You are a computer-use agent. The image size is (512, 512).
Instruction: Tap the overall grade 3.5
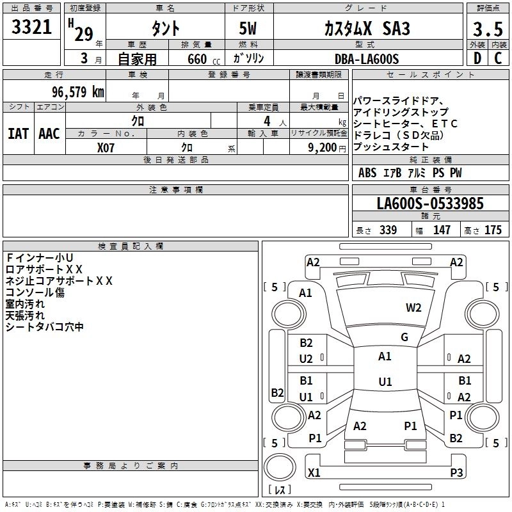click(x=486, y=29)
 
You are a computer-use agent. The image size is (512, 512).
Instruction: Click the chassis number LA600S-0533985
click(x=430, y=204)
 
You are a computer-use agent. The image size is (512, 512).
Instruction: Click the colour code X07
click(x=106, y=147)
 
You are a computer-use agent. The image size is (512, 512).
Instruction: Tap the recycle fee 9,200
click(x=324, y=147)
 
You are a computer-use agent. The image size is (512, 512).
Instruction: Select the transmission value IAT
click(x=17, y=133)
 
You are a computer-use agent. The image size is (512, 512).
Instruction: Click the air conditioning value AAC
click(x=49, y=133)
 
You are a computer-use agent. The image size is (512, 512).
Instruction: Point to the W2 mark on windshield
click(x=413, y=308)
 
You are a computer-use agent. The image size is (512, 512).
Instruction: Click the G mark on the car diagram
click(x=404, y=337)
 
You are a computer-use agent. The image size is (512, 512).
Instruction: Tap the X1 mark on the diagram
click(x=314, y=473)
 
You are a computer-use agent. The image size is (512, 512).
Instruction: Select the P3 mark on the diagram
click(x=456, y=473)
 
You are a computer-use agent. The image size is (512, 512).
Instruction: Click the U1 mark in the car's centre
click(x=385, y=382)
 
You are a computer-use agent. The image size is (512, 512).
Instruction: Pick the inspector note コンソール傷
click(x=35, y=292)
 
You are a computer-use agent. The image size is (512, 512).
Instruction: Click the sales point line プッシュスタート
click(x=391, y=147)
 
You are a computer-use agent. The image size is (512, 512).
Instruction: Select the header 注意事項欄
click(x=175, y=190)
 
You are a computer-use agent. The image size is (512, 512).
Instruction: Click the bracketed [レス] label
click(x=280, y=490)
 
